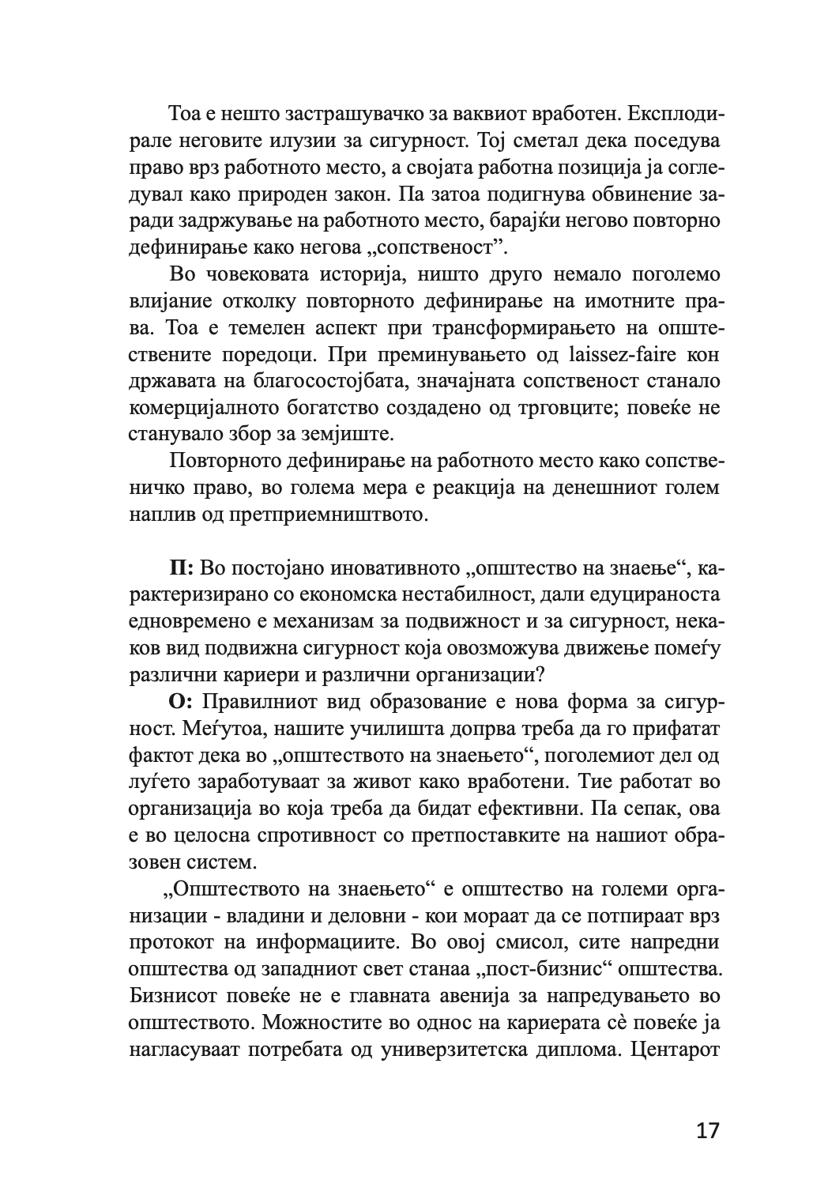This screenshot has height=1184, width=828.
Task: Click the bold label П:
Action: pyautogui.click(x=183, y=568)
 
